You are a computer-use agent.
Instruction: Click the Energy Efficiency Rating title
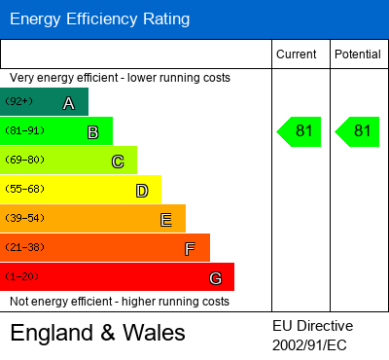tap(99, 18)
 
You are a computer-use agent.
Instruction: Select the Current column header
tap(296, 54)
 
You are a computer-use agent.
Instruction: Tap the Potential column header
tap(358, 54)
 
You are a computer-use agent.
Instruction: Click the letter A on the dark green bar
tap(68, 103)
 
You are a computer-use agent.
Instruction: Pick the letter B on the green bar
tap(92, 132)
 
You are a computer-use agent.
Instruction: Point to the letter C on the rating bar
tap(117, 162)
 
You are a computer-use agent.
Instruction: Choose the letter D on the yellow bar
tap(141, 191)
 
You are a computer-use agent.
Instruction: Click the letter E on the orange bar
tap(165, 220)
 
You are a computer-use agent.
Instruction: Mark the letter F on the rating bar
tap(190, 249)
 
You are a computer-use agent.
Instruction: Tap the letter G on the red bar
tap(215, 278)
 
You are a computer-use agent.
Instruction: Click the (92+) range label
tap(18, 101)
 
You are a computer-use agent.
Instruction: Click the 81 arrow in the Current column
tap(301, 131)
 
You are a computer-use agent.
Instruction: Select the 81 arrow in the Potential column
tap(358, 131)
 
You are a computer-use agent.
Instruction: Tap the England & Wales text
tap(97, 333)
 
